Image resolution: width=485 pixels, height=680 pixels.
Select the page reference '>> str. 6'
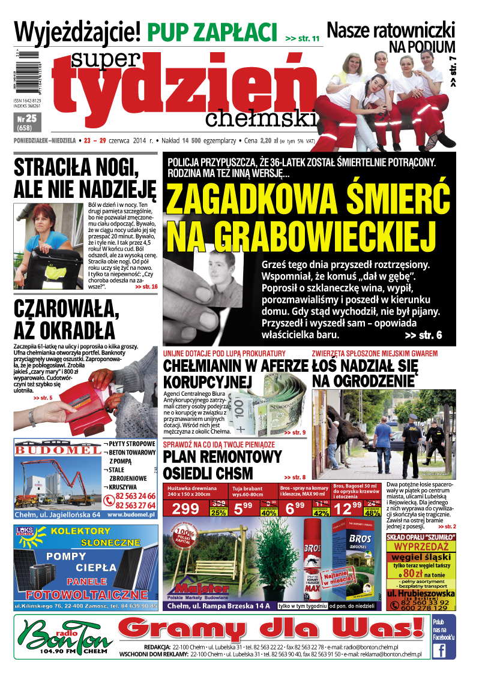423,335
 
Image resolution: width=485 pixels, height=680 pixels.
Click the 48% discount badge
372,513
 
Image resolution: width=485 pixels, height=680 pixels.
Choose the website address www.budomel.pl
131,514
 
